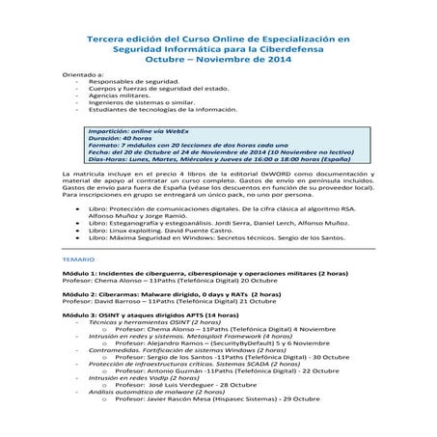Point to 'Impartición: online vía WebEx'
pos(141,128)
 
